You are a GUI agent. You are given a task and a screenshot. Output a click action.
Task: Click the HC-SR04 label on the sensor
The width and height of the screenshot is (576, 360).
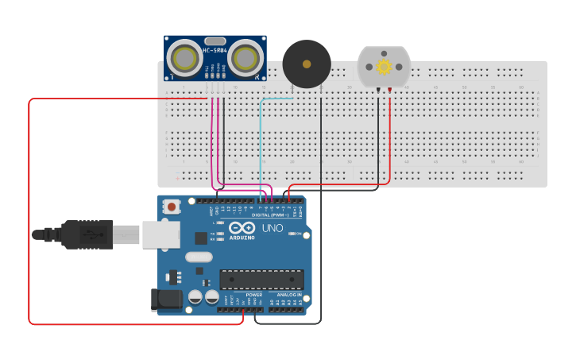215,50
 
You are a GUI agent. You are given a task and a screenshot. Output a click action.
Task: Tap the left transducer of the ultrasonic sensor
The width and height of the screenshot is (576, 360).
185,59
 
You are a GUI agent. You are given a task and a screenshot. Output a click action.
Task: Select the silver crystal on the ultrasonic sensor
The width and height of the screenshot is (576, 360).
215,41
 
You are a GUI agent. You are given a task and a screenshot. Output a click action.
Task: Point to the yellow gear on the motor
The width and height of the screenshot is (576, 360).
384,67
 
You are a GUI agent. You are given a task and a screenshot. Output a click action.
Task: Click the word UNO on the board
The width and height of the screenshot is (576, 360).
273,228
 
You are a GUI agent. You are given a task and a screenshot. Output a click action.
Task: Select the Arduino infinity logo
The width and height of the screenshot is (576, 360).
242,227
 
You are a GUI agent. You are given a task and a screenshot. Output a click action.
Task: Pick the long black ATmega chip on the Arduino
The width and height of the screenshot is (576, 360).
262,280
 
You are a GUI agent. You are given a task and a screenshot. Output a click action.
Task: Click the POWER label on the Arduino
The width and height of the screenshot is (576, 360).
253,295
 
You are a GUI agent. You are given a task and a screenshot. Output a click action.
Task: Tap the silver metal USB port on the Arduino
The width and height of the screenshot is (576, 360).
159,234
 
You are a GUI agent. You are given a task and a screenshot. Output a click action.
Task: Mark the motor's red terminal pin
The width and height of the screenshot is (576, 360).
389,90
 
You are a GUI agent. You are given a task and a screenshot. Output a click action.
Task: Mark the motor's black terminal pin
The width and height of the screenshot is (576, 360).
378,90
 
